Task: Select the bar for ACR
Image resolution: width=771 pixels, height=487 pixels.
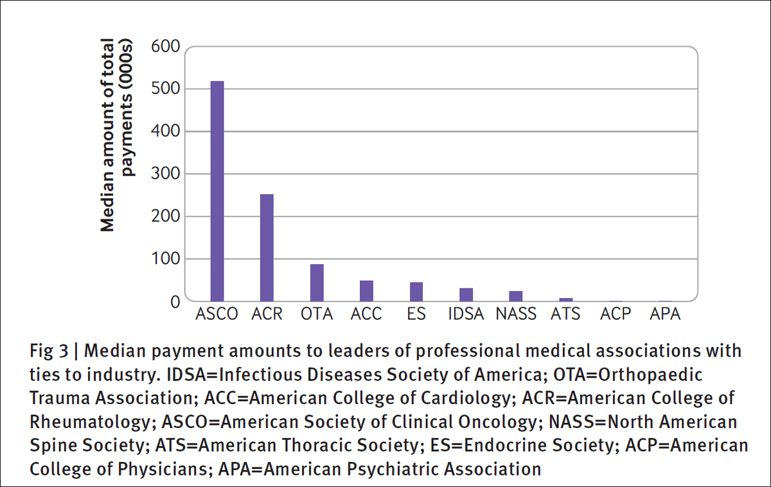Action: click(267, 248)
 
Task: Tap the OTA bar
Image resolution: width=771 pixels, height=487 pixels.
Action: click(317, 283)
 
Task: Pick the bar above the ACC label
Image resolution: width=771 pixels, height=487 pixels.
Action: click(366, 291)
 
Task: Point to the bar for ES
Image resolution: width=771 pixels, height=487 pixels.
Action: click(416, 292)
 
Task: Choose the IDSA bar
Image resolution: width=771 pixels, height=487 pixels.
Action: click(466, 295)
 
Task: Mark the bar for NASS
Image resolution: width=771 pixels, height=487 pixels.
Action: click(516, 296)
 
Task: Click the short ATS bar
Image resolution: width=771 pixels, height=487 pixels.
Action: click(565, 299)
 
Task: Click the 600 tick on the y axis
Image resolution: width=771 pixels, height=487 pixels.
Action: click(165, 46)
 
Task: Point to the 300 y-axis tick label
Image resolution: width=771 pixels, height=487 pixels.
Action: click(165, 174)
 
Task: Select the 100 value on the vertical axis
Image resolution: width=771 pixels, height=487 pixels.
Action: click(165, 259)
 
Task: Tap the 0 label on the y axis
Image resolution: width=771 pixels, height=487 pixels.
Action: click(174, 301)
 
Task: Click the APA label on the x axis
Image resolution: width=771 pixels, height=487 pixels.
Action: click(665, 315)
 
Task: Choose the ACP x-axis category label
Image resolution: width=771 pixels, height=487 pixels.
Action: click(616, 315)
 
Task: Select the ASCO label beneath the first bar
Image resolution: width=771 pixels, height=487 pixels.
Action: click(217, 315)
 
